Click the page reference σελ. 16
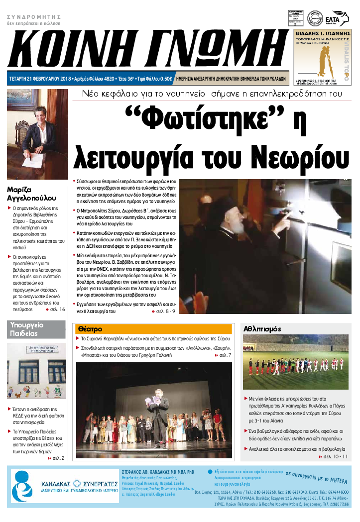click(x=57, y=309)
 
